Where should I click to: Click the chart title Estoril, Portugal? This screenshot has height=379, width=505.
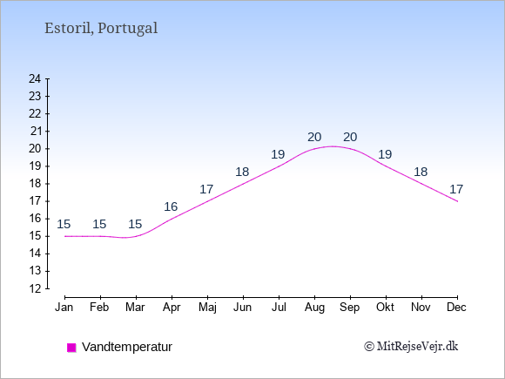point(101,28)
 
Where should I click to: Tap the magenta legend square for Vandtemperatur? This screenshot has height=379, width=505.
point(71,348)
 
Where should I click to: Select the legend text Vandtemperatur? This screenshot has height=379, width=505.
point(127,347)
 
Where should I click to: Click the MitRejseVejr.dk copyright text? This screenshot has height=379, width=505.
point(411,347)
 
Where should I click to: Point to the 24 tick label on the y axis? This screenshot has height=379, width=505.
point(35,78)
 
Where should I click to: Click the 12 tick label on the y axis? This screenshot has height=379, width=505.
point(35,288)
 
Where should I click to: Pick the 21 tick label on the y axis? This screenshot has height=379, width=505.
point(36,132)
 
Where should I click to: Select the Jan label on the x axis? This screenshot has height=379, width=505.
point(64,308)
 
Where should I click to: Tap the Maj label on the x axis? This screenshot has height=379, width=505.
point(207,308)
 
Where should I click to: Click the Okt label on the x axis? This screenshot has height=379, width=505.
point(385,308)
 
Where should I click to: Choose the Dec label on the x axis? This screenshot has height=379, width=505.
point(457,308)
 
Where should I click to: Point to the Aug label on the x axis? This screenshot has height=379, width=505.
point(314,308)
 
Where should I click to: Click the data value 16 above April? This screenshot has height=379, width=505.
point(171,206)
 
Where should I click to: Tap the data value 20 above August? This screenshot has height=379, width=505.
point(314,138)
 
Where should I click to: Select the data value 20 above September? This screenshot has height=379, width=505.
point(350,138)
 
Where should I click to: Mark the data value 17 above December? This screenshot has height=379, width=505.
point(456,189)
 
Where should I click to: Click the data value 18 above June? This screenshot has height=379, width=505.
point(242,173)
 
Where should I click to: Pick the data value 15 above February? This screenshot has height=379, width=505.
point(99,224)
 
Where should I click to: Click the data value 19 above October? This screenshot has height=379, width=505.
point(385,154)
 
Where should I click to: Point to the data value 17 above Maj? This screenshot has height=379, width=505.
point(206,189)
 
